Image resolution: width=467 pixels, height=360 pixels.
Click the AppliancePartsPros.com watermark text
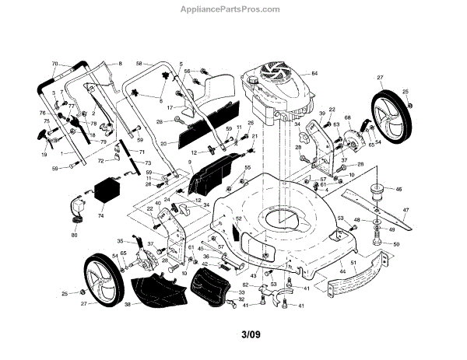pos(233,10)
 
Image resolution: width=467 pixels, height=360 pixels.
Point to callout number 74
pos(100,217)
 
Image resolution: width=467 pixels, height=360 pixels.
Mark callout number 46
pos(399,189)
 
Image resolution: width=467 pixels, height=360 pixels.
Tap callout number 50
pos(395,244)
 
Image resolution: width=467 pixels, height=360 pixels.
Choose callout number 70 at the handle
pos(55,63)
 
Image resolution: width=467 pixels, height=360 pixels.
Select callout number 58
pos(139,63)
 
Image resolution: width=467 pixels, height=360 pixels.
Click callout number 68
pos(348,118)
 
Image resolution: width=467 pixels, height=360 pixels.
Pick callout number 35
pos(120,241)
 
